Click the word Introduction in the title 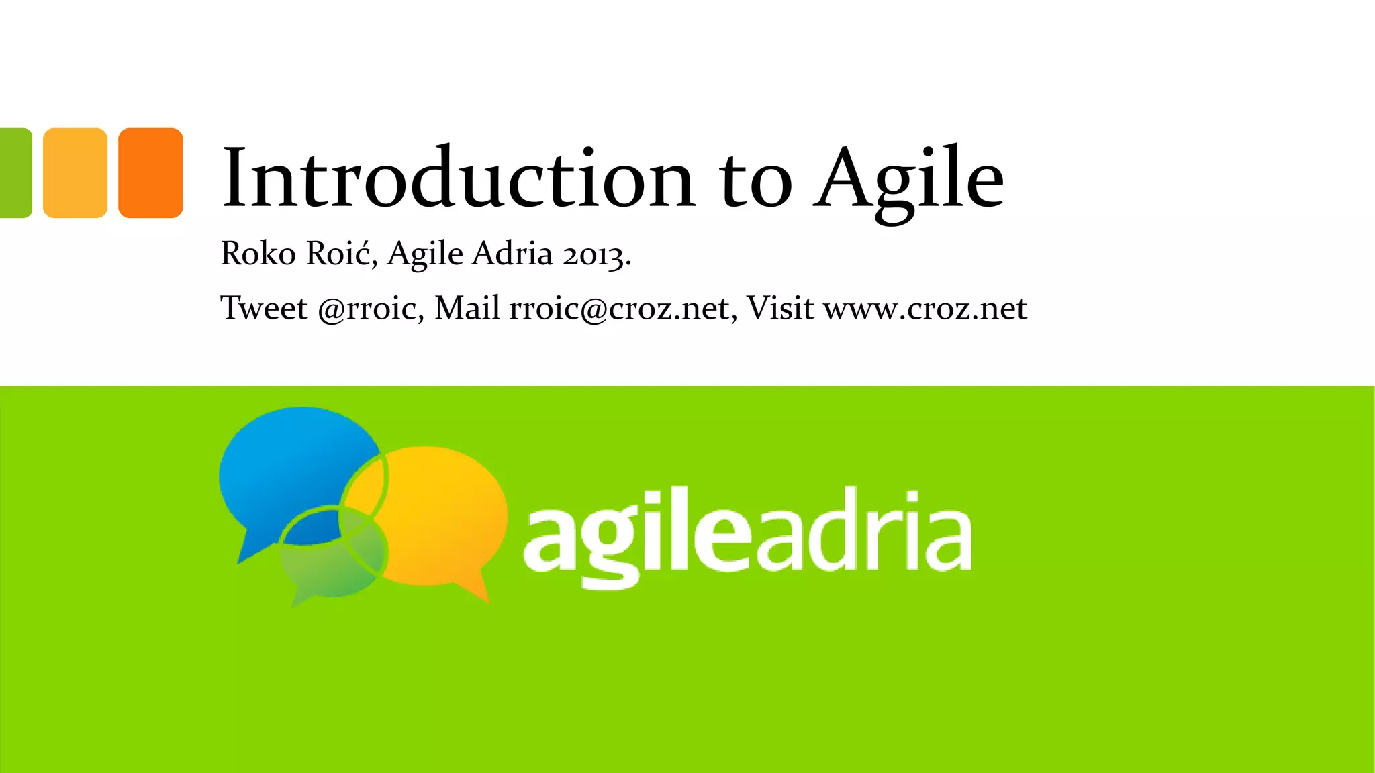458,177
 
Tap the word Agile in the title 909,178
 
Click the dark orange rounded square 150,172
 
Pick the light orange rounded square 75,172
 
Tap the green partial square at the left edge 15,172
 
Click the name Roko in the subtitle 258,254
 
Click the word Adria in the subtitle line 512,254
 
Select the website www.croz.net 925,309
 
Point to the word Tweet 264,309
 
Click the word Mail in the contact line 467,309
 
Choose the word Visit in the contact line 780,309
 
